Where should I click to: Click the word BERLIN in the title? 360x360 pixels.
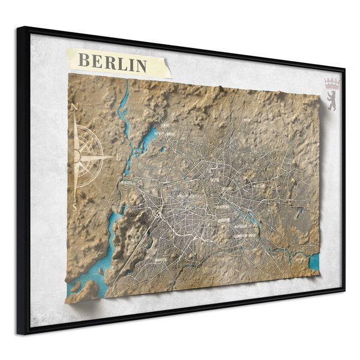(x=113, y=62)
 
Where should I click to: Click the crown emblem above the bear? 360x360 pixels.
(x=332, y=82)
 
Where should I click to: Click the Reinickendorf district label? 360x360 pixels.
(x=163, y=133)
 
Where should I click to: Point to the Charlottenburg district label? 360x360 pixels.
(x=186, y=196)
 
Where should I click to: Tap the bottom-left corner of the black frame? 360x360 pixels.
(x=20, y=332)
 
